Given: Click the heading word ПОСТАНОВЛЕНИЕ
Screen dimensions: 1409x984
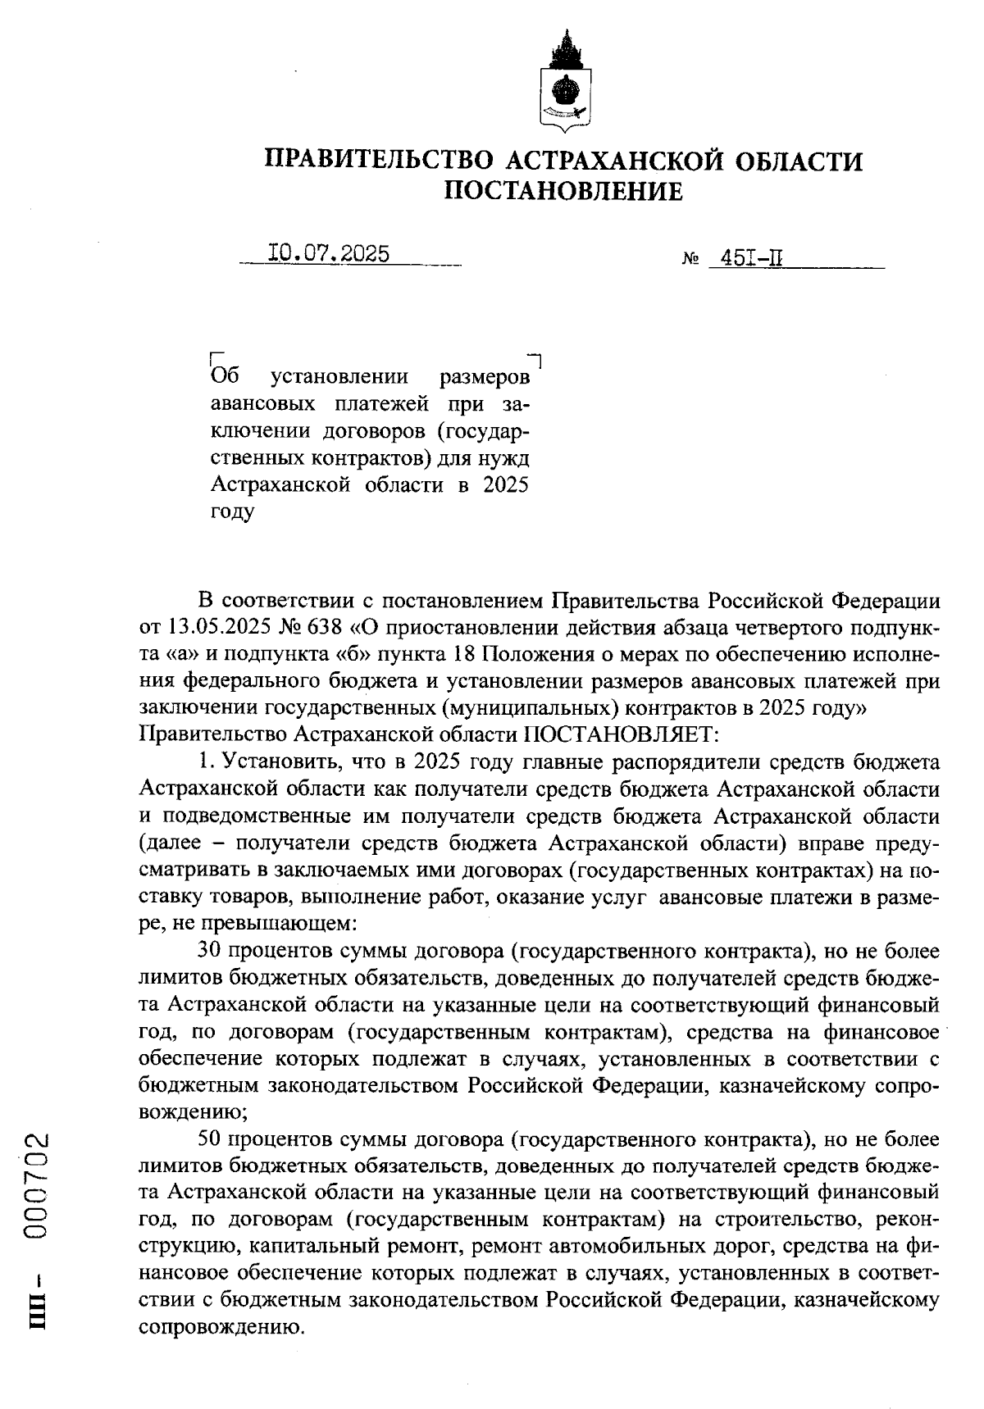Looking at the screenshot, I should point(563,192).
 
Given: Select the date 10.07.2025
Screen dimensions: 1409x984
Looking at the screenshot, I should point(329,254).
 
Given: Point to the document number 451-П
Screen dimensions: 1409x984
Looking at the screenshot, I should point(750,259).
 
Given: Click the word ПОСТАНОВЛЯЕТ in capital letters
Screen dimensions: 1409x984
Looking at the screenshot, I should point(622,732).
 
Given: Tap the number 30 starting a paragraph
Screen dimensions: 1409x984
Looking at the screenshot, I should point(212,951).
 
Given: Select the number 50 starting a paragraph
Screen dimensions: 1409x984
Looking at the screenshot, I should point(212,1140).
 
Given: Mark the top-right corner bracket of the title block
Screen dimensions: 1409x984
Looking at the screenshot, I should point(539,359).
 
